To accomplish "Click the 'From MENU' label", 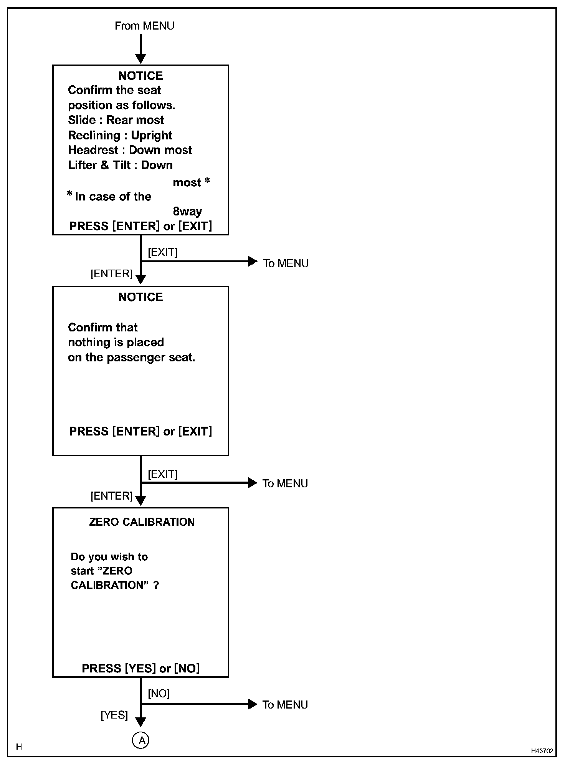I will click(x=144, y=26).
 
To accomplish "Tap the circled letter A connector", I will click(x=141, y=740).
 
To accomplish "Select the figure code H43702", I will click(x=542, y=751).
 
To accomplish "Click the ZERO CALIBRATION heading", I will click(x=142, y=522).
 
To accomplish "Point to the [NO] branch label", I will click(x=159, y=693).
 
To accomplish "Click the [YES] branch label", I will click(x=114, y=715).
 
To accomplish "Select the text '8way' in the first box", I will click(x=187, y=211).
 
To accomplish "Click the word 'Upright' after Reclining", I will click(x=152, y=135).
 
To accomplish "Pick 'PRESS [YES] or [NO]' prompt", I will click(x=140, y=668).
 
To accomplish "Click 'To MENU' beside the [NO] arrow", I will click(x=285, y=705).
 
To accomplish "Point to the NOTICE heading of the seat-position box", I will click(x=140, y=76).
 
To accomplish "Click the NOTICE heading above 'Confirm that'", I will click(x=140, y=297).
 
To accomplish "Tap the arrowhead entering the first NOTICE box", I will click(x=141, y=59).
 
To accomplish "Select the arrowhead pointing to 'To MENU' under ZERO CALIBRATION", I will click(x=253, y=704).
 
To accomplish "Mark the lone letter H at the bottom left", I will click(x=19, y=747).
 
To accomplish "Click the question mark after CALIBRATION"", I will click(x=156, y=585).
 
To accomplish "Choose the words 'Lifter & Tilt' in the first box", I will click(x=99, y=165).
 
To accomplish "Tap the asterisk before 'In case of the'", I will click(x=70, y=194).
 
